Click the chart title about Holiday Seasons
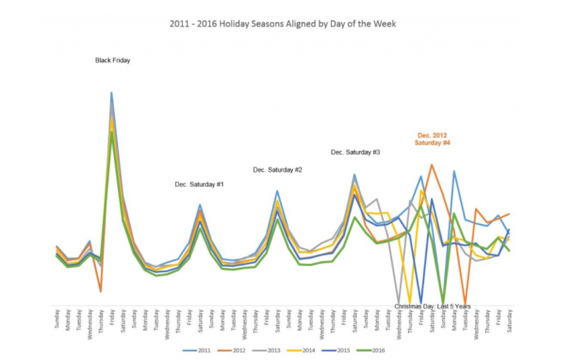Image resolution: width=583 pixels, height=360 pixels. tap(283, 23)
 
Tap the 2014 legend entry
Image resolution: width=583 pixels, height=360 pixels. tap(307, 350)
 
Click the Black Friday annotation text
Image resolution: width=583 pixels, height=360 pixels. tap(113, 60)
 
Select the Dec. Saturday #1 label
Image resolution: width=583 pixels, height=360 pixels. tap(199, 184)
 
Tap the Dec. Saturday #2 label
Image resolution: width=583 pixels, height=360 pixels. tap(277, 170)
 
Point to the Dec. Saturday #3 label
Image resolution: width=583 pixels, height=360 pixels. tap(356, 152)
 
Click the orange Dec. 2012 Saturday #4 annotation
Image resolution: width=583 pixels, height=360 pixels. tap(432, 139)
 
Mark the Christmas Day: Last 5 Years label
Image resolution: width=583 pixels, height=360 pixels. tap(432, 306)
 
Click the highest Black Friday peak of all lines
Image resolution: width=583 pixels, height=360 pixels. tap(111, 93)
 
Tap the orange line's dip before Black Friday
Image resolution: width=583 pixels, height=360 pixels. tap(101, 291)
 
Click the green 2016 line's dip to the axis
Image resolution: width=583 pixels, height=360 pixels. tap(443, 304)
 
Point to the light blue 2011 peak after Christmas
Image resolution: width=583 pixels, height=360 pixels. tap(454, 171)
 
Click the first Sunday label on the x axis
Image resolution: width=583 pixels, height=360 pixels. tap(56, 318)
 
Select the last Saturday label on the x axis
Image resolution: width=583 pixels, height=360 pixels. tap(510, 320)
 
